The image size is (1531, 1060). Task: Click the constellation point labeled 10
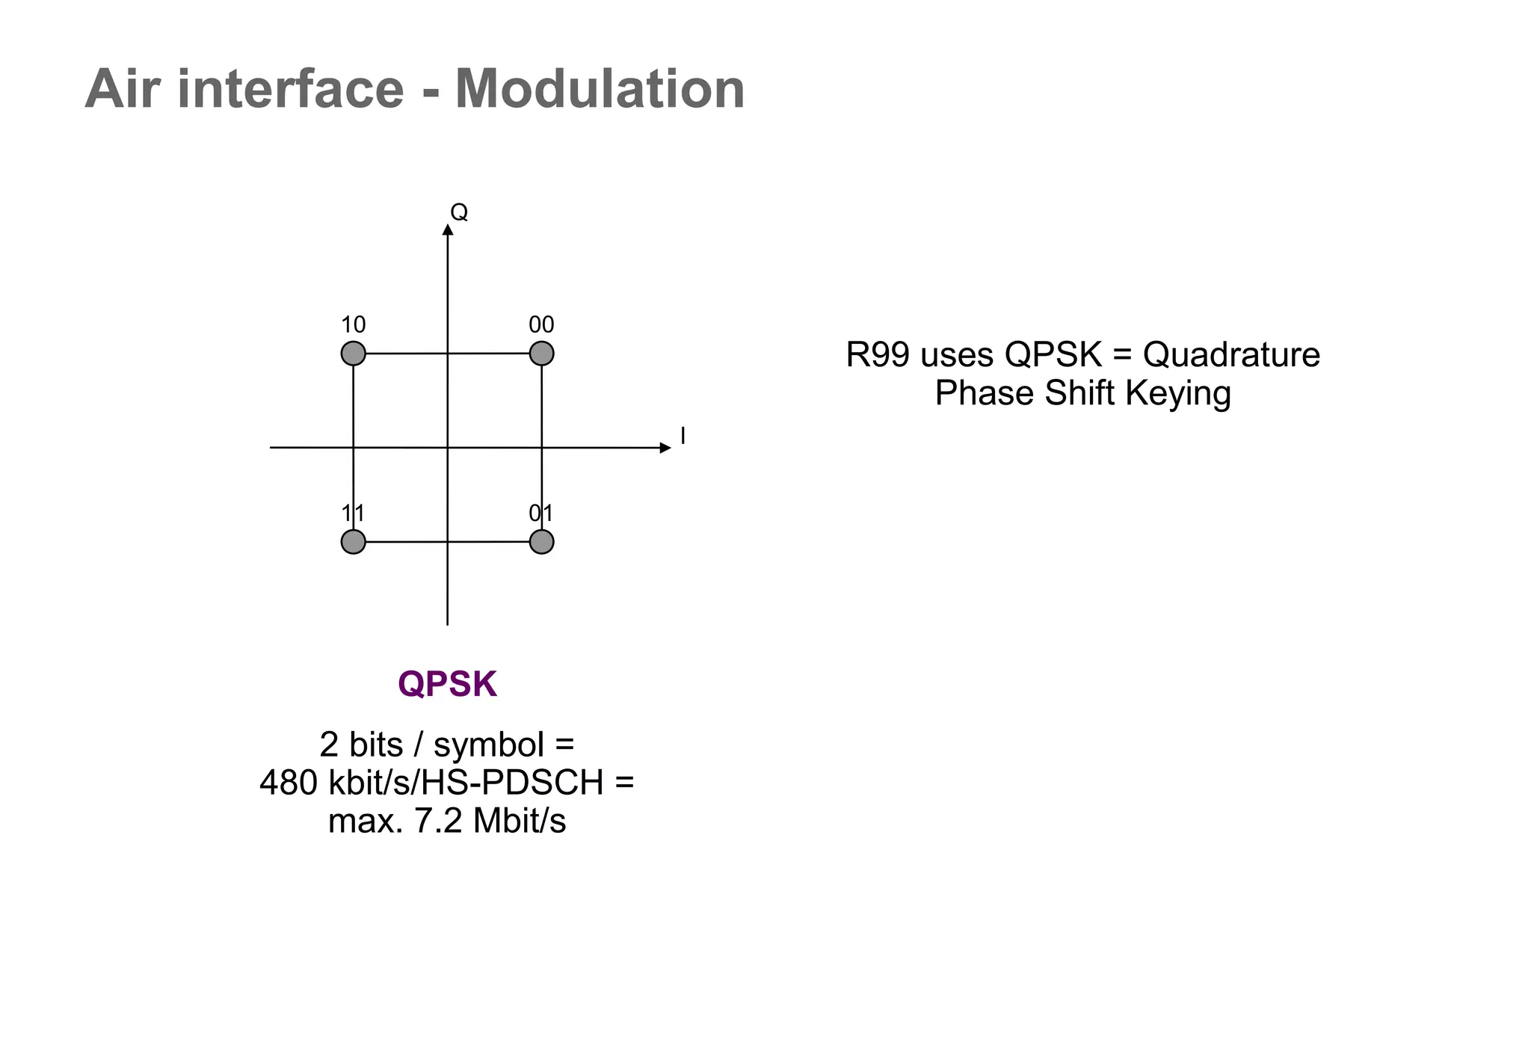[353, 353]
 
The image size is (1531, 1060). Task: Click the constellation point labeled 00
[541, 353]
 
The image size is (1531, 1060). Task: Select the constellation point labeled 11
[353, 541]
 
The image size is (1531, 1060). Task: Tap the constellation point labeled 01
[541, 541]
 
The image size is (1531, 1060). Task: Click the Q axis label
[459, 212]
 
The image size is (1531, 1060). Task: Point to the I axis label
[683, 435]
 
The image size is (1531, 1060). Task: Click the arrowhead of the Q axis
[448, 229]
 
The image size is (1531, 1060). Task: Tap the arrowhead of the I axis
[665, 448]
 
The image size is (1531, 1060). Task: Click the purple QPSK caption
[447, 684]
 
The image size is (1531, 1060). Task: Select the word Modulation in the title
[600, 90]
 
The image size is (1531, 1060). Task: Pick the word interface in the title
[291, 90]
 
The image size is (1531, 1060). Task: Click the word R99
[878, 355]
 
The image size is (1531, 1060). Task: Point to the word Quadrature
[1231, 355]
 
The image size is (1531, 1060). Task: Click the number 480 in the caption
[289, 783]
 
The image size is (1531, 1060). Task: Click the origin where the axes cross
[447, 448]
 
